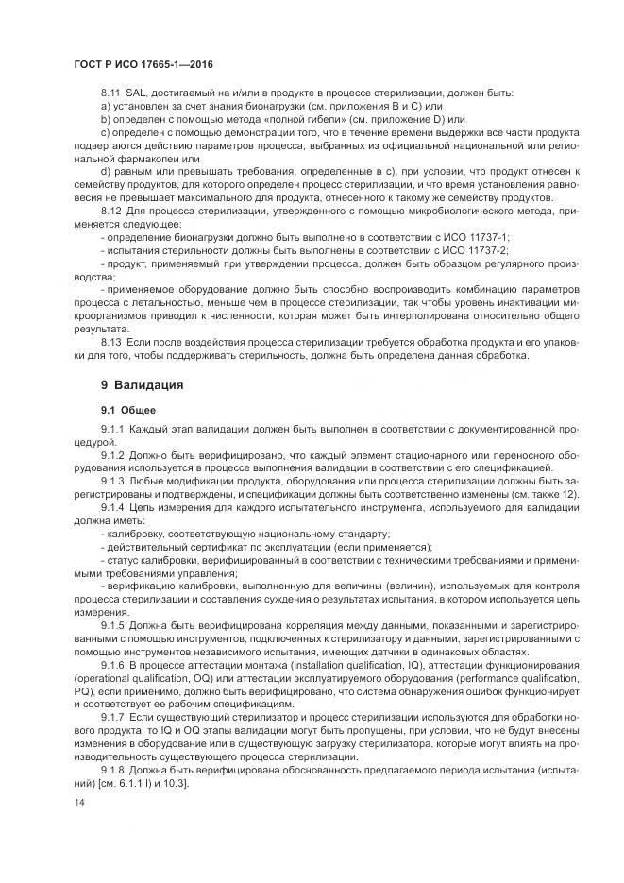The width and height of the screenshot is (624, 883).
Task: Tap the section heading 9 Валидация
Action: click(142, 384)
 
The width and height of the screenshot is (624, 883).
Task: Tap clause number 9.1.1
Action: click(113, 431)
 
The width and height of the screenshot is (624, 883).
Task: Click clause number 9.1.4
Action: click(113, 507)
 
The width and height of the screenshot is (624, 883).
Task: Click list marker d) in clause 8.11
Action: click(105, 170)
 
